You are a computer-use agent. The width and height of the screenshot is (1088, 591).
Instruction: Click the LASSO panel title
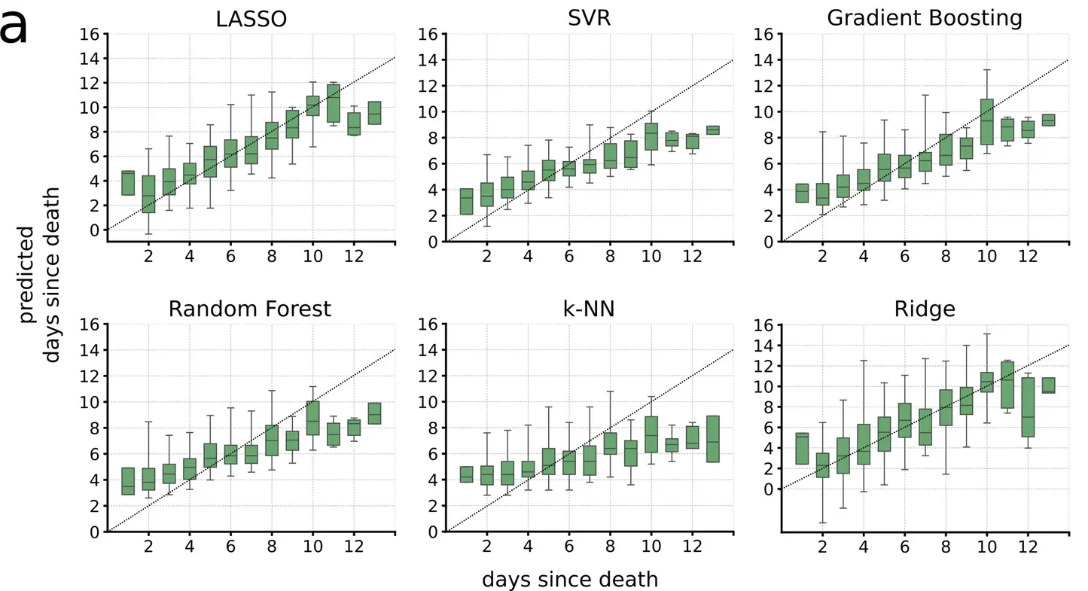[251, 19]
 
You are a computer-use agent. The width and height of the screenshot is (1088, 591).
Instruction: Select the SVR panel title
[590, 19]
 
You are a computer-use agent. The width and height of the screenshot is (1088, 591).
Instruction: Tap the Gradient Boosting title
[925, 19]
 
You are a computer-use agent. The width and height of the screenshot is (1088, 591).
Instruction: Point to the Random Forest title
[250, 309]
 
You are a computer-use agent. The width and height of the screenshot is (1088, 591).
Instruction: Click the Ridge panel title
[925, 309]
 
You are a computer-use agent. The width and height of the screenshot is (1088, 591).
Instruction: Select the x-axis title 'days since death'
[570, 580]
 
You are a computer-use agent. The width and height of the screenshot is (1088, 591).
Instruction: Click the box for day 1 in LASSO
[128, 183]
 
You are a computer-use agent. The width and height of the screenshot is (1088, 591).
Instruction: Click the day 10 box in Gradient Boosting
[986, 121]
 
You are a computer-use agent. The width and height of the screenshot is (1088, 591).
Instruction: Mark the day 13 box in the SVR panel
[712, 130]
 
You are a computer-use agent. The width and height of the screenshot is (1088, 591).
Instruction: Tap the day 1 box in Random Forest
[128, 481]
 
